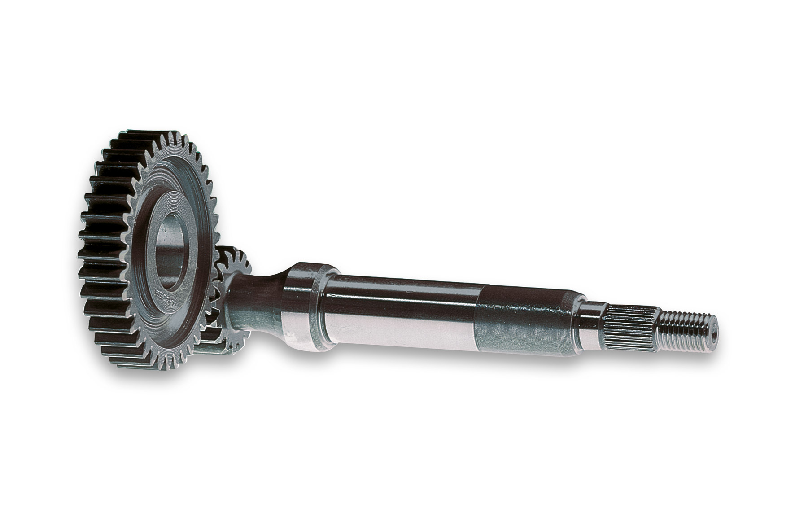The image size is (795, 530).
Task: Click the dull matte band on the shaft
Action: coord(520,323)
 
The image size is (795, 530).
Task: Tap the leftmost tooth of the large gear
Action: coord(85,238)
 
